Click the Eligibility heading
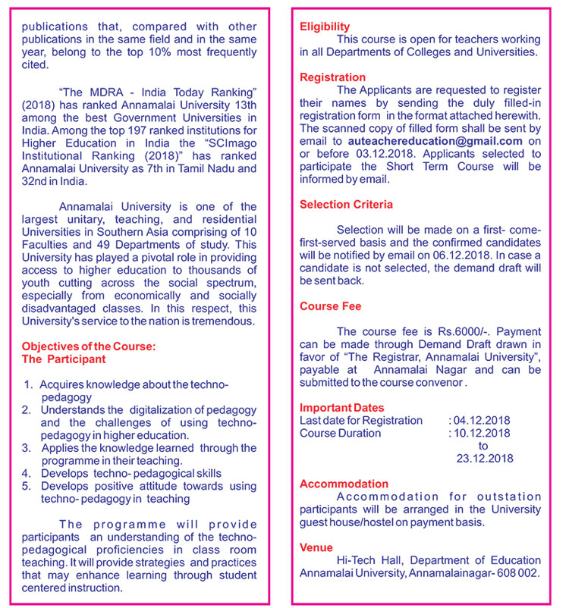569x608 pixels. [x=325, y=27]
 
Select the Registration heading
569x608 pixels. [x=332, y=77]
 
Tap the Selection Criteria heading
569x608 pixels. [x=346, y=205]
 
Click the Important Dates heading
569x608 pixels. [x=341, y=408]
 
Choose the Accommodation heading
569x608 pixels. [x=344, y=484]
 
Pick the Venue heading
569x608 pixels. [x=316, y=547]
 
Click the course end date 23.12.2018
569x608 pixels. [x=485, y=459]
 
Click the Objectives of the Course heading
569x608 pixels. [x=89, y=346]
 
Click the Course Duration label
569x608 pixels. [x=340, y=433]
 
